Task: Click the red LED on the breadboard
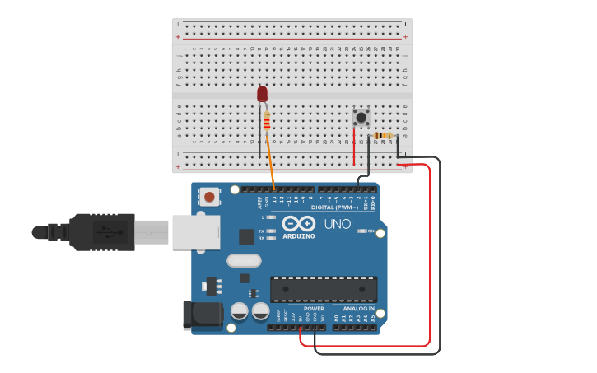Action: coord(262,95)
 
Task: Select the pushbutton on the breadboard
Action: coord(361,118)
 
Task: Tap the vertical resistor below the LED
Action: coord(267,123)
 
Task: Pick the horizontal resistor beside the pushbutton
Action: coord(383,136)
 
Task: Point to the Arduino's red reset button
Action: coord(210,197)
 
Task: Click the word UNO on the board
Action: coord(337,224)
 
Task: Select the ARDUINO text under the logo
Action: coord(298,236)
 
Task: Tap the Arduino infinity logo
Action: coord(298,223)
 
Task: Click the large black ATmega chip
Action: coord(324,289)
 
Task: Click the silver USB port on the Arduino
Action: coord(196,232)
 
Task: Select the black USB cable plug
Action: coord(102,231)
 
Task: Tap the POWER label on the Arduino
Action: coord(314,309)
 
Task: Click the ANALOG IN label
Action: coord(358,309)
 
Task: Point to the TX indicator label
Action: coord(262,231)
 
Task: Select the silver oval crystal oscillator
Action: coord(244,261)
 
